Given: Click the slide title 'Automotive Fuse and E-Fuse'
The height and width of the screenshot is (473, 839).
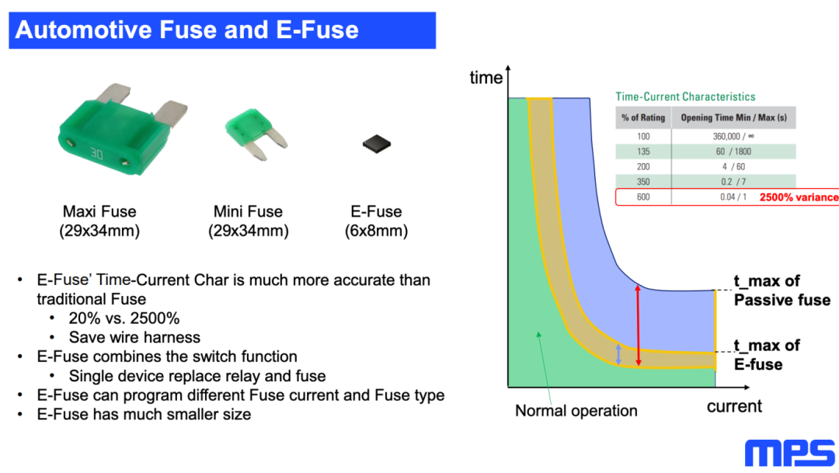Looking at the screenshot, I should (186, 30).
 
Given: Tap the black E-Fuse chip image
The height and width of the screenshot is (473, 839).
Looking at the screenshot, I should (377, 143).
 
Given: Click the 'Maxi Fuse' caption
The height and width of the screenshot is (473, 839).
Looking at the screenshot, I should (99, 211).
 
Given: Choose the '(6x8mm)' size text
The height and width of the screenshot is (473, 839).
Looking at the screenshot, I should (377, 231).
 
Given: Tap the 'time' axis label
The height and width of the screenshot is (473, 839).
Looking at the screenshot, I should (486, 78).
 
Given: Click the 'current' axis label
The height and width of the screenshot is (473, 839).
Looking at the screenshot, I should (734, 406).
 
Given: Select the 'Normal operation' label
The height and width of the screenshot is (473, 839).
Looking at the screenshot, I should (576, 411).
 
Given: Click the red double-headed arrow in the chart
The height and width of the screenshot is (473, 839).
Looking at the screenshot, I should (638, 325).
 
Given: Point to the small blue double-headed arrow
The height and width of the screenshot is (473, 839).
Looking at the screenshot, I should (618, 354).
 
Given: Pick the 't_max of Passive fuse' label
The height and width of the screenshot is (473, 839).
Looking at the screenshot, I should (781, 290).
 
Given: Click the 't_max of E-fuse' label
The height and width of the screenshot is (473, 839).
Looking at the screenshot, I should (767, 355).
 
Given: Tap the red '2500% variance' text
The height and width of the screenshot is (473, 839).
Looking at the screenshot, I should (799, 197).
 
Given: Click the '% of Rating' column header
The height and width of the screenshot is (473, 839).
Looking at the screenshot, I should (642, 118).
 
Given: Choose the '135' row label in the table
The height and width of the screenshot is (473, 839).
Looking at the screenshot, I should (642, 151).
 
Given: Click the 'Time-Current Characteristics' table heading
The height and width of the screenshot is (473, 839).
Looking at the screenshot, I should (685, 97).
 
